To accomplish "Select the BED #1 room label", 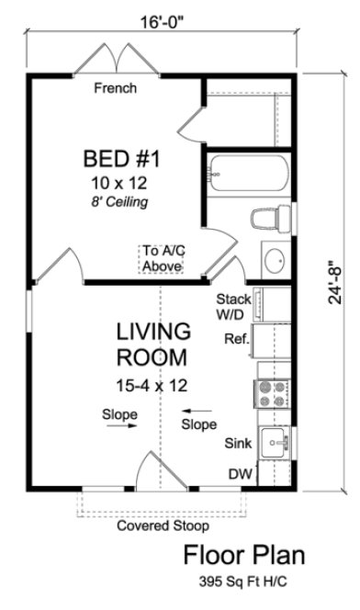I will click(122, 159).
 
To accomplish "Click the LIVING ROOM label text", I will click(152, 343).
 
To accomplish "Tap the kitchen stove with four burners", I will click(272, 394).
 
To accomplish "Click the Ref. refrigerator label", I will click(237, 339).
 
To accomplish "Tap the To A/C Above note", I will click(162, 258).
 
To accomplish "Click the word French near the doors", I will click(116, 89).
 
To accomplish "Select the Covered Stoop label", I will click(162, 527).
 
